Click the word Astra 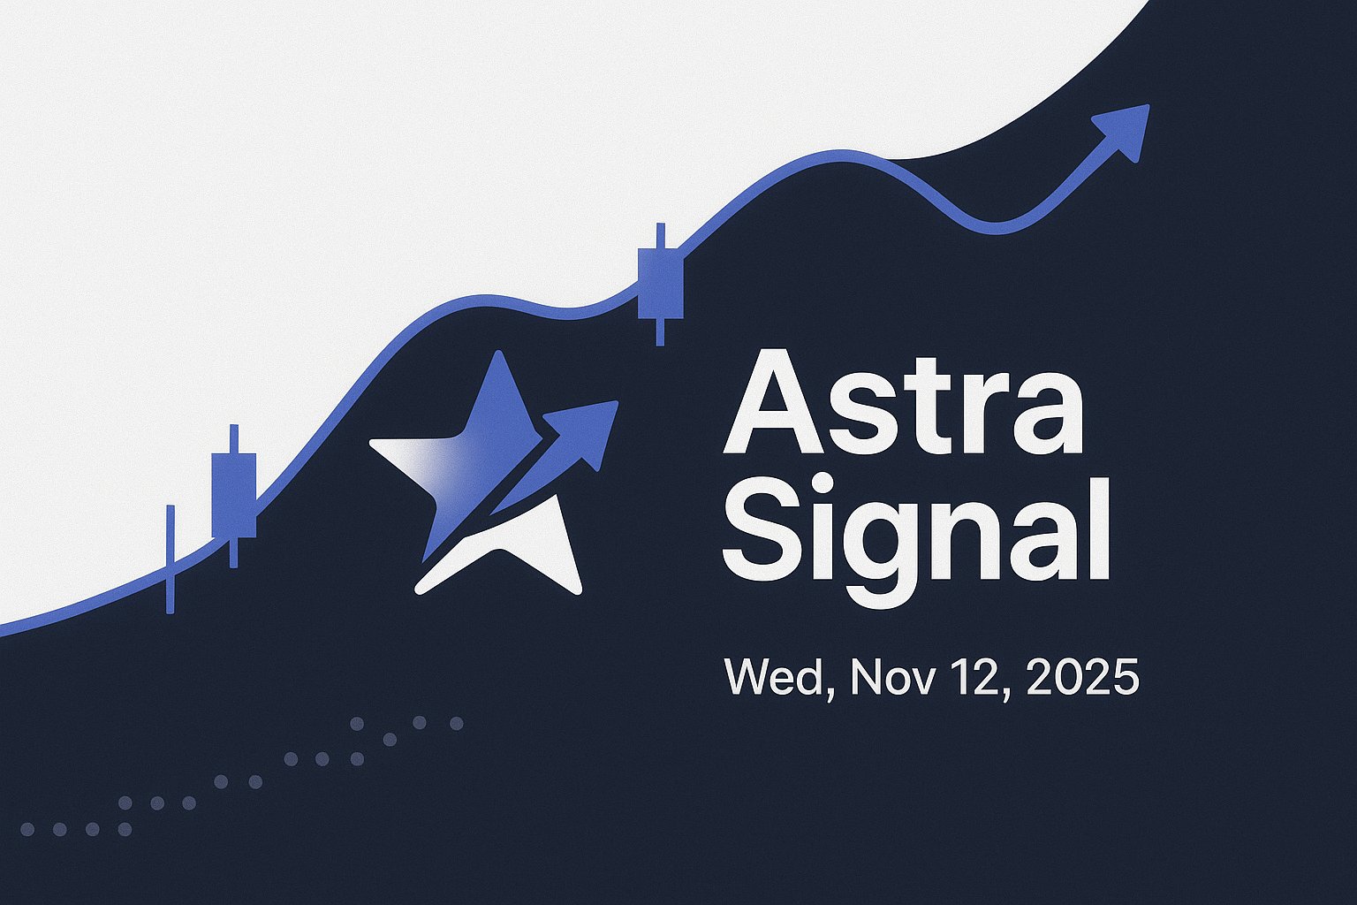[903, 401]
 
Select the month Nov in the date [893, 678]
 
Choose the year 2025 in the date [1082, 678]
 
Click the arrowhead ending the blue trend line [1125, 128]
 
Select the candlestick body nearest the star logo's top [660, 283]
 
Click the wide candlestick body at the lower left [234, 495]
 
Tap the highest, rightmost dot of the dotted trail [457, 723]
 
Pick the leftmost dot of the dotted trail [27, 829]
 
